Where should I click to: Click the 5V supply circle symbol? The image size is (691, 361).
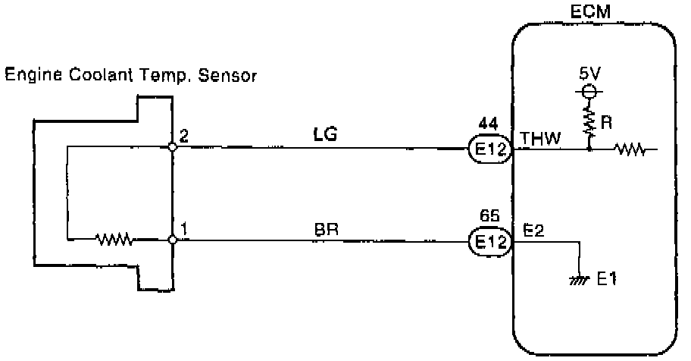coord(589,92)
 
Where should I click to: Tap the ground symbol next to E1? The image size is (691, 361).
coord(580,280)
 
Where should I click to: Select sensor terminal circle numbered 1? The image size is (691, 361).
coord(173,240)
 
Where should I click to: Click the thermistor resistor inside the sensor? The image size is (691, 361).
coord(115,240)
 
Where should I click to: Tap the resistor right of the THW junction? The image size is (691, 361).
coord(631,149)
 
